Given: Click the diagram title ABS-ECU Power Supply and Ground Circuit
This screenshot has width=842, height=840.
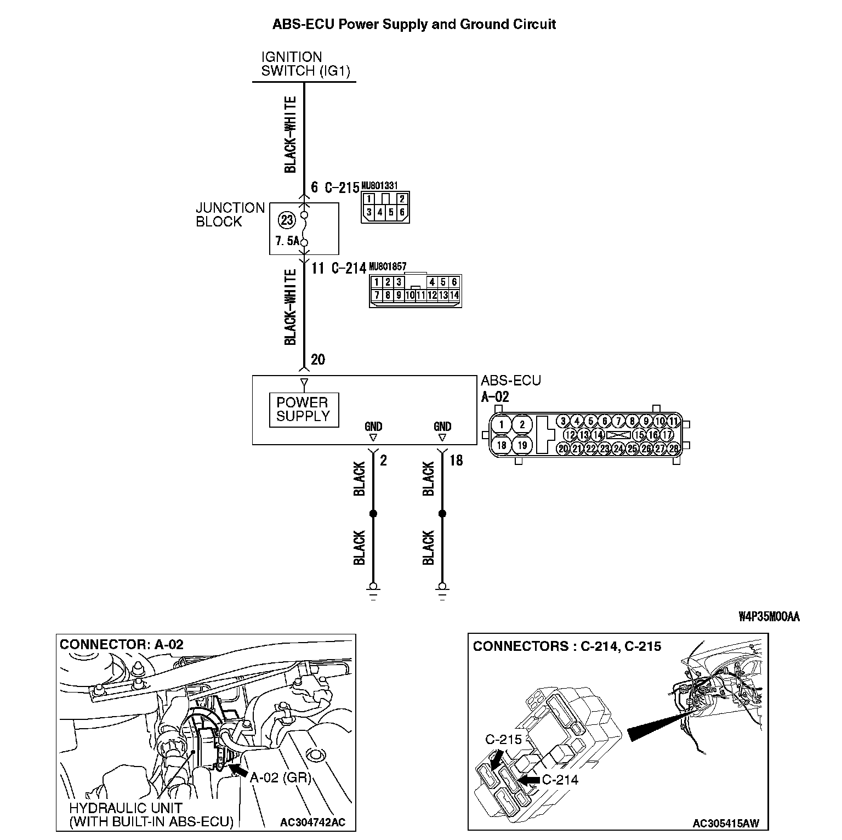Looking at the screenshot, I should pyautogui.click(x=414, y=25).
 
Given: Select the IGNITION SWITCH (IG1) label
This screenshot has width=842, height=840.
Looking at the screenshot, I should pyautogui.click(x=305, y=64).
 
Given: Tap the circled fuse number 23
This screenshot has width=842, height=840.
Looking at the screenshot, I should pyautogui.click(x=287, y=220).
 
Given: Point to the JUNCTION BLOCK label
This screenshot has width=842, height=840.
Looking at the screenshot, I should pyautogui.click(x=230, y=215).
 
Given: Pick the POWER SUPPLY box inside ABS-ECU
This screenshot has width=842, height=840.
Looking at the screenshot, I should pyautogui.click(x=303, y=410).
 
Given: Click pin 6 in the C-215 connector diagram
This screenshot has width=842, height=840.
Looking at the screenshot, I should pyautogui.click(x=402, y=212).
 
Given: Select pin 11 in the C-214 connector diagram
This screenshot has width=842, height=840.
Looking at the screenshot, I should pyautogui.click(x=420, y=296).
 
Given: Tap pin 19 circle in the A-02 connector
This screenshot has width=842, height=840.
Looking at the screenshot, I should pyautogui.click(x=522, y=445).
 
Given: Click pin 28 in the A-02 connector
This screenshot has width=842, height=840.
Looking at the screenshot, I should pyautogui.click(x=673, y=449).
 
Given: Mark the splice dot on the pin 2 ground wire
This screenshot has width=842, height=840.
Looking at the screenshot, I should pyautogui.click(x=373, y=514).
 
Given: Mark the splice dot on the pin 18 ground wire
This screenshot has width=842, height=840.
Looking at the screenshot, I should pyautogui.click(x=442, y=514).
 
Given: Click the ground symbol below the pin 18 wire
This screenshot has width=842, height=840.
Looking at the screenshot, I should pyautogui.click(x=442, y=592).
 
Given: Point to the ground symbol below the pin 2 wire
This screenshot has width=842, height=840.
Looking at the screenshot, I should pyautogui.click(x=373, y=592).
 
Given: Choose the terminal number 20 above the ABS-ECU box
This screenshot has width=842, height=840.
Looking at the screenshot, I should pyautogui.click(x=318, y=360).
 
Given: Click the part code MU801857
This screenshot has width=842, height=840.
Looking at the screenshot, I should pyautogui.click(x=388, y=266).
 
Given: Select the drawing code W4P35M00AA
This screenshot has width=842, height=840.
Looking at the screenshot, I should pyautogui.click(x=769, y=617).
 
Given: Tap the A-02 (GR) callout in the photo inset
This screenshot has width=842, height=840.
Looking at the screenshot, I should pyautogui.click(x=281, y=777).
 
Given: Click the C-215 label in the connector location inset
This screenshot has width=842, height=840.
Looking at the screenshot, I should pyautogui.click(x=503, y=740).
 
